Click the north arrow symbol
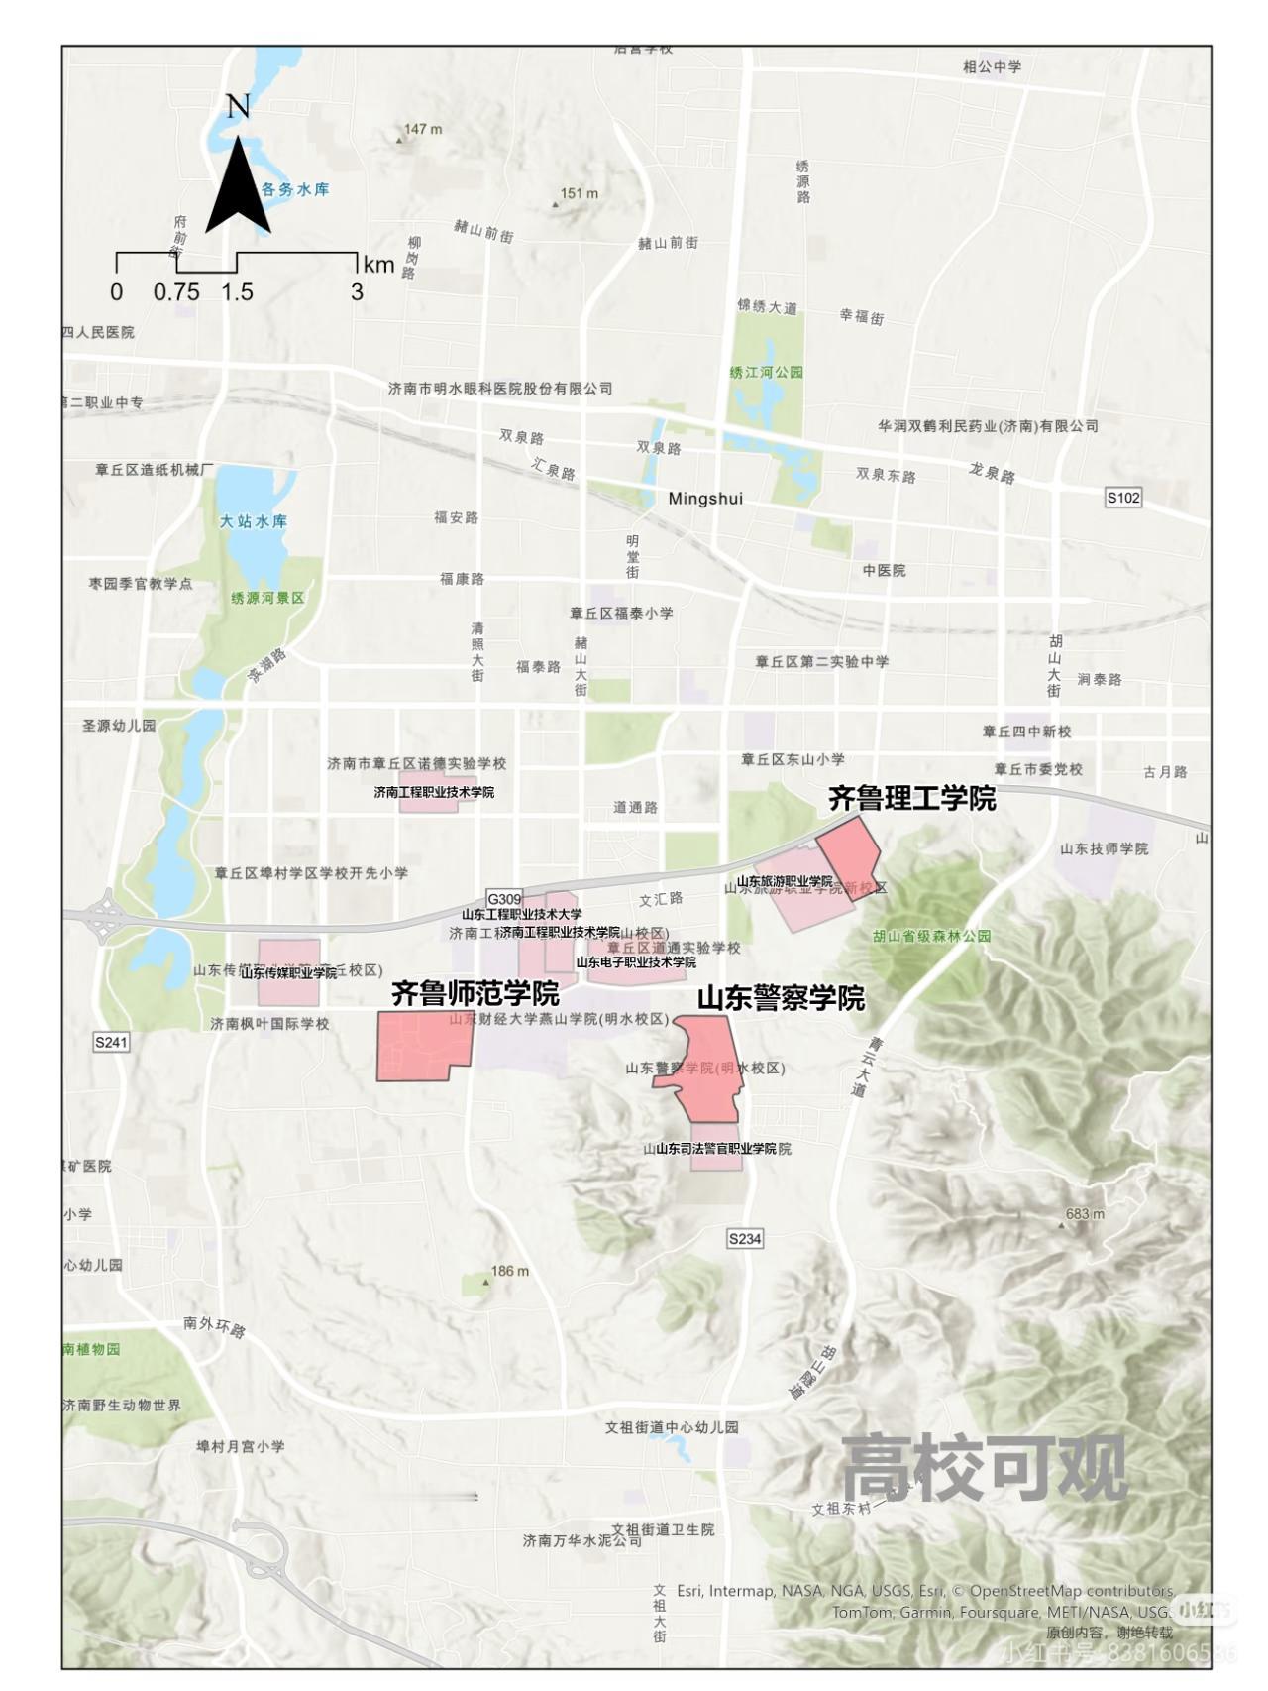[x=238, y=183]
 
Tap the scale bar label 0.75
[x=176, y=292]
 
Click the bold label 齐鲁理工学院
[x=911, y=799]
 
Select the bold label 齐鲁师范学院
[x=475, y=993]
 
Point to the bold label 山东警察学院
[x=781, y=998]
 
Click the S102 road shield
[x=1123, y=497]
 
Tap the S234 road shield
[x=745, y=1238]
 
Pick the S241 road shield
[x=111, y=1042]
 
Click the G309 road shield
[x=504, y=899]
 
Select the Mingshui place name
[x=705, y=499]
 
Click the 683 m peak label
[x=1085, y=1214]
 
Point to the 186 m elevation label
[x=509, y=1271]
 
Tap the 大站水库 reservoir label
[x=254, y=521]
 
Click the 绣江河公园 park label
[x=766, y=372]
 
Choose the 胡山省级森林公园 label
[x=932, y=936]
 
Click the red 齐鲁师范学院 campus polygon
[x=416, y=1046]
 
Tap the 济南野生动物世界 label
[x=122, y=1406]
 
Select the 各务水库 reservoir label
[x=294, y=189]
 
